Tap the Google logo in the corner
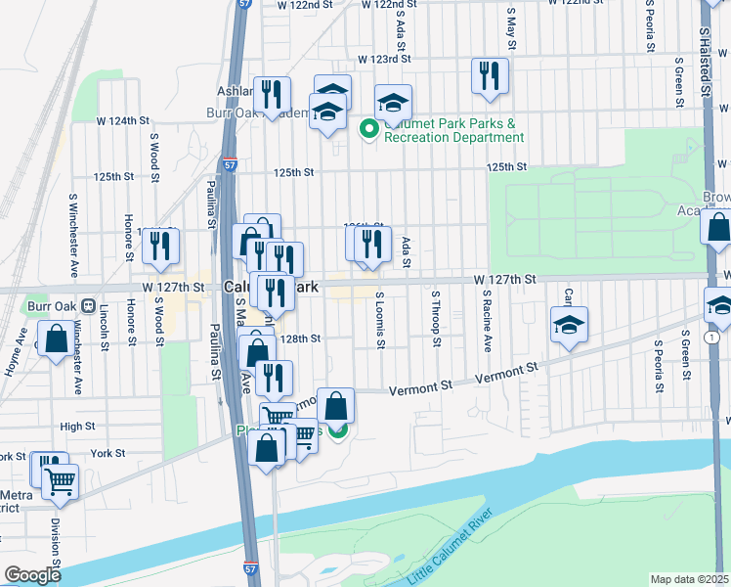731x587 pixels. point(32,575)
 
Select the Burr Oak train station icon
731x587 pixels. point(87,305)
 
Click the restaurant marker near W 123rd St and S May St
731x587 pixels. point(489,76)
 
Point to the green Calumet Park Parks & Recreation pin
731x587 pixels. point(369,128)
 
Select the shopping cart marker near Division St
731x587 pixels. point(60,481)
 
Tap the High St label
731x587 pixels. point(77,427)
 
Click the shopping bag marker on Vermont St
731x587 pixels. point(335,405)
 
